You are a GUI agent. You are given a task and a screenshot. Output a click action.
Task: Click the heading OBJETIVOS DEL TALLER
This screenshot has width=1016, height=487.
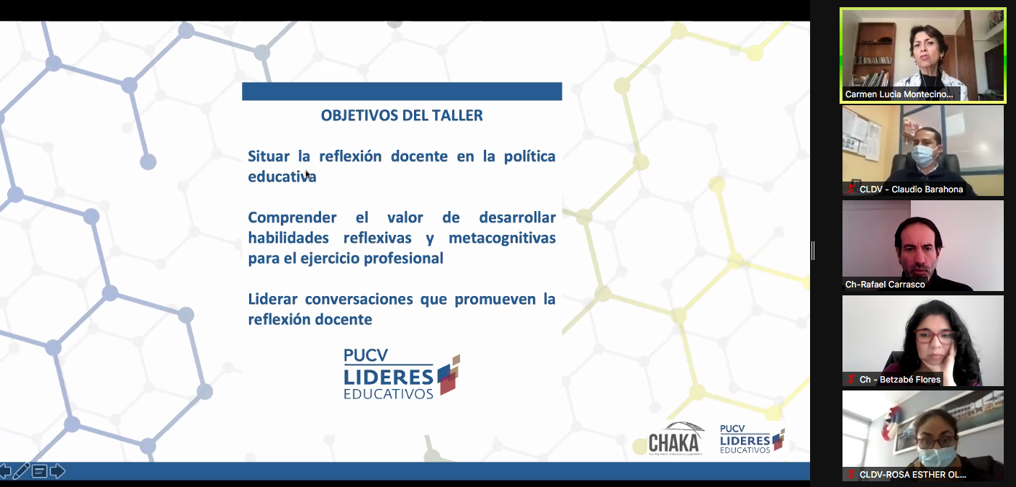pyautogui.click(x=402, y=115)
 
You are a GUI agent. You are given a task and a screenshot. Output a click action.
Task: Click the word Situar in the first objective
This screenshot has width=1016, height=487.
pyautogui.click(x=269, y=156)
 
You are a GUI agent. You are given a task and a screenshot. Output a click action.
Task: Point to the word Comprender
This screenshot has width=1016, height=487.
pyautogui.click(x=292, y=218)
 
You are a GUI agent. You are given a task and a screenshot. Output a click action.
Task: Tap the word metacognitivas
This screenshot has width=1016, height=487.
pyautogui.click(x=502, y=238)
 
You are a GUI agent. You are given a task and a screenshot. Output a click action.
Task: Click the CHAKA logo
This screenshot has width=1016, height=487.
pyautogui.click(x=675, y=439)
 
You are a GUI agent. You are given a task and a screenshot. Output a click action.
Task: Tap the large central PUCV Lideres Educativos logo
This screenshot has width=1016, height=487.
pyautogui.click(x=402, y=373)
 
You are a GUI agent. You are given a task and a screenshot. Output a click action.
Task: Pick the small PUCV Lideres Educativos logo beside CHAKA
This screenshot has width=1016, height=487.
pyautogui.click(x=752, y=439)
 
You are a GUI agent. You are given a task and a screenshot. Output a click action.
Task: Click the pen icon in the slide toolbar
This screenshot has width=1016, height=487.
pyautogui.click(x=22, y=472)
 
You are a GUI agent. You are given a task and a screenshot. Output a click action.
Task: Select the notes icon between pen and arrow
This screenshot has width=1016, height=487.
pyautogui.click(x=40, y=472)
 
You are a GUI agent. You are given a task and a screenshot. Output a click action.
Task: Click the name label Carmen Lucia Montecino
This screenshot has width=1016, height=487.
pyautogui.click(x=899, y=94)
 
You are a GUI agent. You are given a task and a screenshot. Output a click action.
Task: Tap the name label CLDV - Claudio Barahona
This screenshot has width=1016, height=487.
pyautogui.click(x=911, y=189)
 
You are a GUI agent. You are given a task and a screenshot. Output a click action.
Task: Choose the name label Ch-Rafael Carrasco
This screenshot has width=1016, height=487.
pyautogui.click(x=884, y=285)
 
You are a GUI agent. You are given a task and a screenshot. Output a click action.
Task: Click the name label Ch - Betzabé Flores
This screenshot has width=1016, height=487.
pyautogui.click(x=899, y=380)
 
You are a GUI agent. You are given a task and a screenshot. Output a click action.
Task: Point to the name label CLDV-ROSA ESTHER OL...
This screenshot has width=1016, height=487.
pyautogui.click(x=912, y=475)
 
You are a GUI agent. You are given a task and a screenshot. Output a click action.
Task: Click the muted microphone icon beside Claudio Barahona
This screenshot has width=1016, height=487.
pyautogui.click(x=851, y=189)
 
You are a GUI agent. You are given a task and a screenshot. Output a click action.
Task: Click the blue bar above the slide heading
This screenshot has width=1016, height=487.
pyautogui.click(x=402, y=91)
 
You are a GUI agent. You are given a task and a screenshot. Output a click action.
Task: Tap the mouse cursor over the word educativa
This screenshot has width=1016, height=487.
pyautogui.click(x=308, y=175)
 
